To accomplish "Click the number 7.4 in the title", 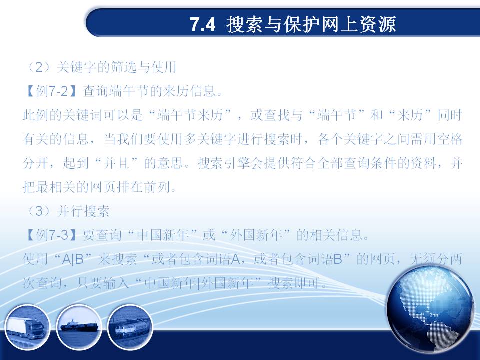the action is [203, 24].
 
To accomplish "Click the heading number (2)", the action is [39, 67].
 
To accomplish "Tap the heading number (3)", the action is [39, 211].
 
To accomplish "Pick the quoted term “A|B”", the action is [73, 259].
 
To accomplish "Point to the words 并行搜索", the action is [83, 211].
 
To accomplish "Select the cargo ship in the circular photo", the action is [79, 326].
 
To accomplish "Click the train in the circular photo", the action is [131, 329].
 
